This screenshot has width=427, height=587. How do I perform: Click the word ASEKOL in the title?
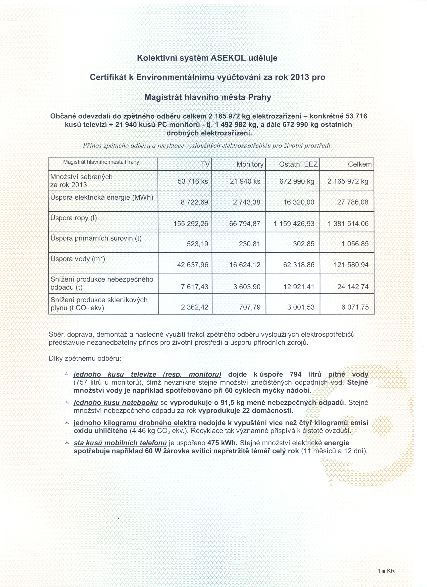[x=228, y=58]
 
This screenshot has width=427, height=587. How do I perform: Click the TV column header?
[x=205, y=164]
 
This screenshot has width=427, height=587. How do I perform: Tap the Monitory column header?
[x=250, y=164]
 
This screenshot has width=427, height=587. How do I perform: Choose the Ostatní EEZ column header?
[x=298, y=164]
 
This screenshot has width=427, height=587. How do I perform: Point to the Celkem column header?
[x=360, y=164]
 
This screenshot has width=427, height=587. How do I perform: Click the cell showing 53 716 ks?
[x=193, y=181]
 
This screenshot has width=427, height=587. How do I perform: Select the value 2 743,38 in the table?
[x=246, y=202]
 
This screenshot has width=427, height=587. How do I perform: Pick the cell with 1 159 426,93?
[x=294, y=224]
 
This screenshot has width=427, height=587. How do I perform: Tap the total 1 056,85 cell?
[x=355, y=244]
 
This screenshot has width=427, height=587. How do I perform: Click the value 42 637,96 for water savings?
[x=192, y=265]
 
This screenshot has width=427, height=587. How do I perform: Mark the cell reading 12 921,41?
[x=299, y=287]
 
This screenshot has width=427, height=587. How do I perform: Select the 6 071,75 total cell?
[x=355, y=307]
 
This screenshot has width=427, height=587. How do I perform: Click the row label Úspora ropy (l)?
[x=74, y=218]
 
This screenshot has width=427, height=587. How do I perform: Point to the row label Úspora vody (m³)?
[x=78, y=259]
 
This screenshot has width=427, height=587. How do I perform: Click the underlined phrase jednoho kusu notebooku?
[x=116, y=402]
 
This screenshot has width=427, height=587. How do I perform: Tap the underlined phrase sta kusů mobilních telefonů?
[x=120, y=443]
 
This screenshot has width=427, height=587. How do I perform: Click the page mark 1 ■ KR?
[x=386, y=571]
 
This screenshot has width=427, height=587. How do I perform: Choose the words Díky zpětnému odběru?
[x=85, y=358]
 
